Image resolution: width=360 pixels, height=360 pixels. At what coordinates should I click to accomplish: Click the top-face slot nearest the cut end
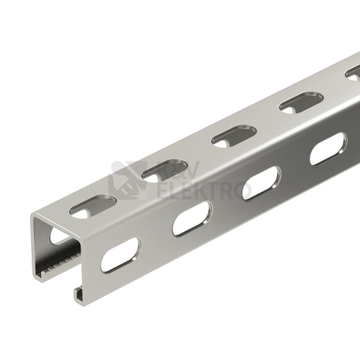tap(92, 207)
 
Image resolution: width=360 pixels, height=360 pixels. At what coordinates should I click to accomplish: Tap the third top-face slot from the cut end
tap(233, 136)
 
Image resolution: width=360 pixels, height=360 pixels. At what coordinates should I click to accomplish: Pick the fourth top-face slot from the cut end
tap(301, 102)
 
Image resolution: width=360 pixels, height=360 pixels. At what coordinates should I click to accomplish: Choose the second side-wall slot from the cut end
tap(193, 218)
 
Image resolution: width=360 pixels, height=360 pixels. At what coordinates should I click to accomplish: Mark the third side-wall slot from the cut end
tap(261, 183)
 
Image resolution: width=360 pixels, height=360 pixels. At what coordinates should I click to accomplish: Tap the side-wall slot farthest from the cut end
tap(329, 149)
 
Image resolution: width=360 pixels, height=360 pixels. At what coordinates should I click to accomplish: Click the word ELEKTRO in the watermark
tap(204, 189)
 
